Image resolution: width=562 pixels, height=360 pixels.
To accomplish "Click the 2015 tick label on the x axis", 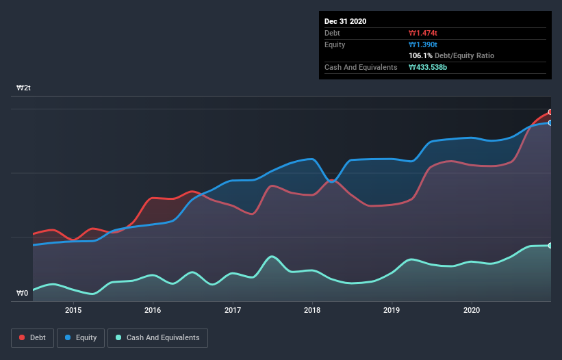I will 73,310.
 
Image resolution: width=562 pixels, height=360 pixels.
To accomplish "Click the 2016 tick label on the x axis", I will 153,310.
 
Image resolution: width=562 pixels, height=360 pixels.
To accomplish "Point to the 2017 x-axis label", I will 233,310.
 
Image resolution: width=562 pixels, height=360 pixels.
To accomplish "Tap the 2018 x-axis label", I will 312,310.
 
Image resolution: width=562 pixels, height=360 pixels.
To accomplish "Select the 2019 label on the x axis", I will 392,310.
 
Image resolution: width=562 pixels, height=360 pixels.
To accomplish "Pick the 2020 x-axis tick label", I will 472,310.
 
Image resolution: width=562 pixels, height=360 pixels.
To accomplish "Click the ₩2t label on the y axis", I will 24,88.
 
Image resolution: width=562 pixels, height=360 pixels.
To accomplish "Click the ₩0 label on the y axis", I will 23,294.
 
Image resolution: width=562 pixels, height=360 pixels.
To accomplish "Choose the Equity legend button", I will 81,337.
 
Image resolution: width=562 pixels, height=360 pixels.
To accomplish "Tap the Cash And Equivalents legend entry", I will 157,337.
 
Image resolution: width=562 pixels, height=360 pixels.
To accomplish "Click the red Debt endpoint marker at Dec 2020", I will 550,112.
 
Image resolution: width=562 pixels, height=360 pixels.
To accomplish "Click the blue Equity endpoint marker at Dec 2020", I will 550,123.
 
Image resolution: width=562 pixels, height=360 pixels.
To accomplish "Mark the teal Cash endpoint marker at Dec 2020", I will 550,245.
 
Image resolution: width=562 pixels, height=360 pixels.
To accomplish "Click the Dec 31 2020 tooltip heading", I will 345,21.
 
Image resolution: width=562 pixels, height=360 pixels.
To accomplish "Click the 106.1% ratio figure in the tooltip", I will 420,55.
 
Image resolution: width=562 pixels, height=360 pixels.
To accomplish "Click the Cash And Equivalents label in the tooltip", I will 361,67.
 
